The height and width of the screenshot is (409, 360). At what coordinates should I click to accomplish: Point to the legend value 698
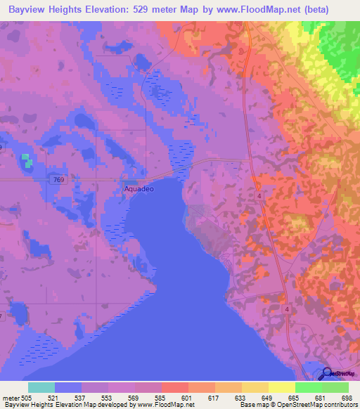click(x=347, y=398)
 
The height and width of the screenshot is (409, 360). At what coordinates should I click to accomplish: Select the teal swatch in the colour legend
click(x=41, y=387)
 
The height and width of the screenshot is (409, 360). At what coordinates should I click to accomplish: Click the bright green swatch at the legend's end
click(x=335, y=387)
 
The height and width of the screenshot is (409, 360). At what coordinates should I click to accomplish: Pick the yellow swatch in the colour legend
click(x=281, y=387)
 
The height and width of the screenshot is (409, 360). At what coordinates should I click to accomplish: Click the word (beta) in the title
click(x=315, y=11)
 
